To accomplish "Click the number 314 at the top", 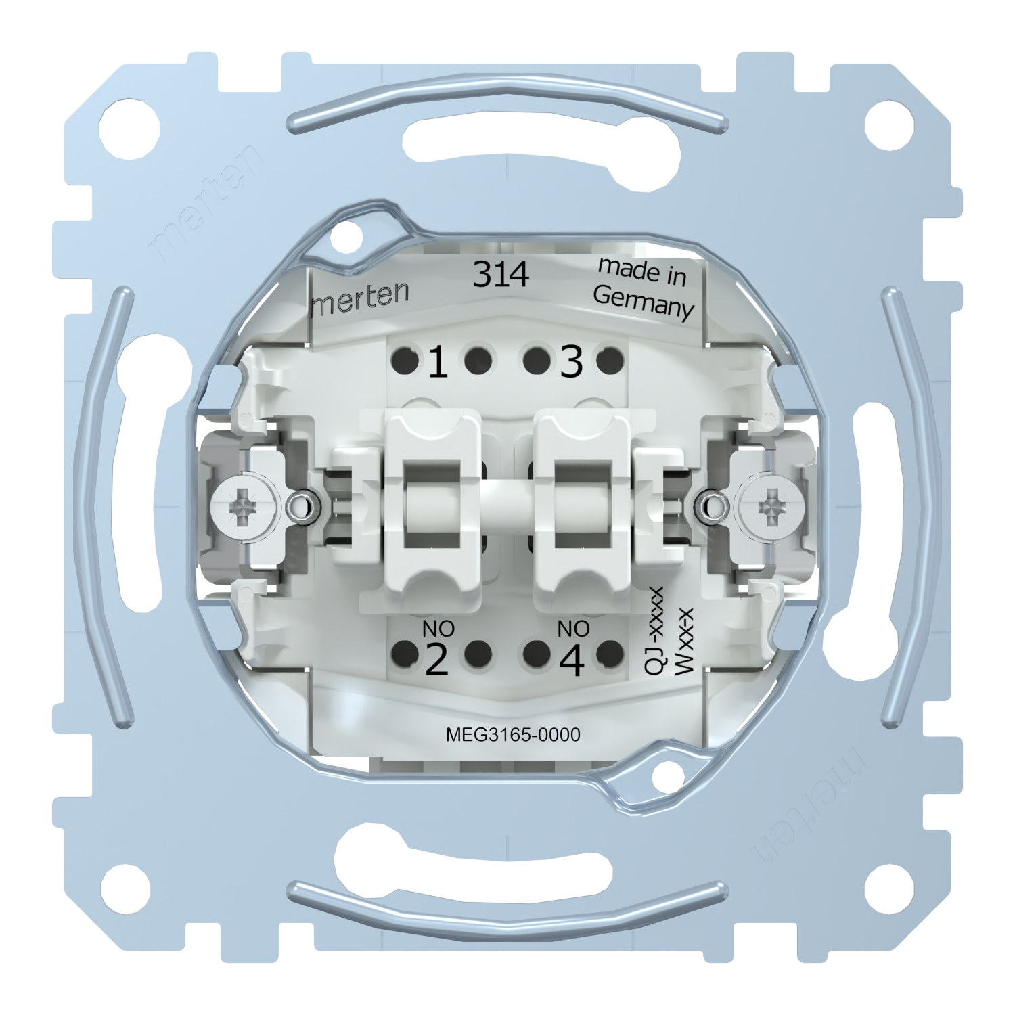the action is tap(500, 275).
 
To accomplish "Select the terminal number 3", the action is tap(571, 363).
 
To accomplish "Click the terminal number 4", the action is tap(572, 660).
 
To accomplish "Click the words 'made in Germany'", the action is tap(643, 288).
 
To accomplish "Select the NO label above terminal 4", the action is tap(573, 629).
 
